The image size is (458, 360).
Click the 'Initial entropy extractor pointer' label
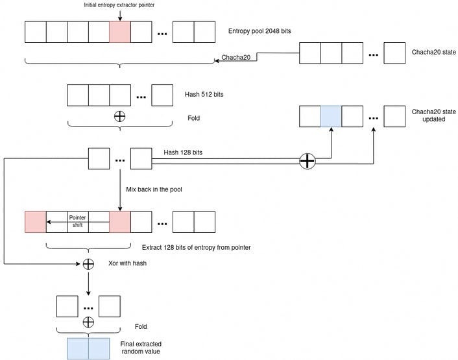(120, 5)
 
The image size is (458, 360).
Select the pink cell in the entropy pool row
(120, 32)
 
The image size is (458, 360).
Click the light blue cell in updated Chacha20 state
(331, 116)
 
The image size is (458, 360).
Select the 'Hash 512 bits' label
(204, 95)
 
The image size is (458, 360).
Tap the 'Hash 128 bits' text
(183, 152)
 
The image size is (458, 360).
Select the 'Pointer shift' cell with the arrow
(78, 222)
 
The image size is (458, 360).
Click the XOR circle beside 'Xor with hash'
(88, 264)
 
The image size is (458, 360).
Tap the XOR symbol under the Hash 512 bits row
(119, 117)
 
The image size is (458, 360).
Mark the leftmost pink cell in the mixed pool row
(35, 222)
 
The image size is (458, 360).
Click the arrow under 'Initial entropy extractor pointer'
(120, 14)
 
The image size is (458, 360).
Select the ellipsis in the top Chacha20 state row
(373, 54)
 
